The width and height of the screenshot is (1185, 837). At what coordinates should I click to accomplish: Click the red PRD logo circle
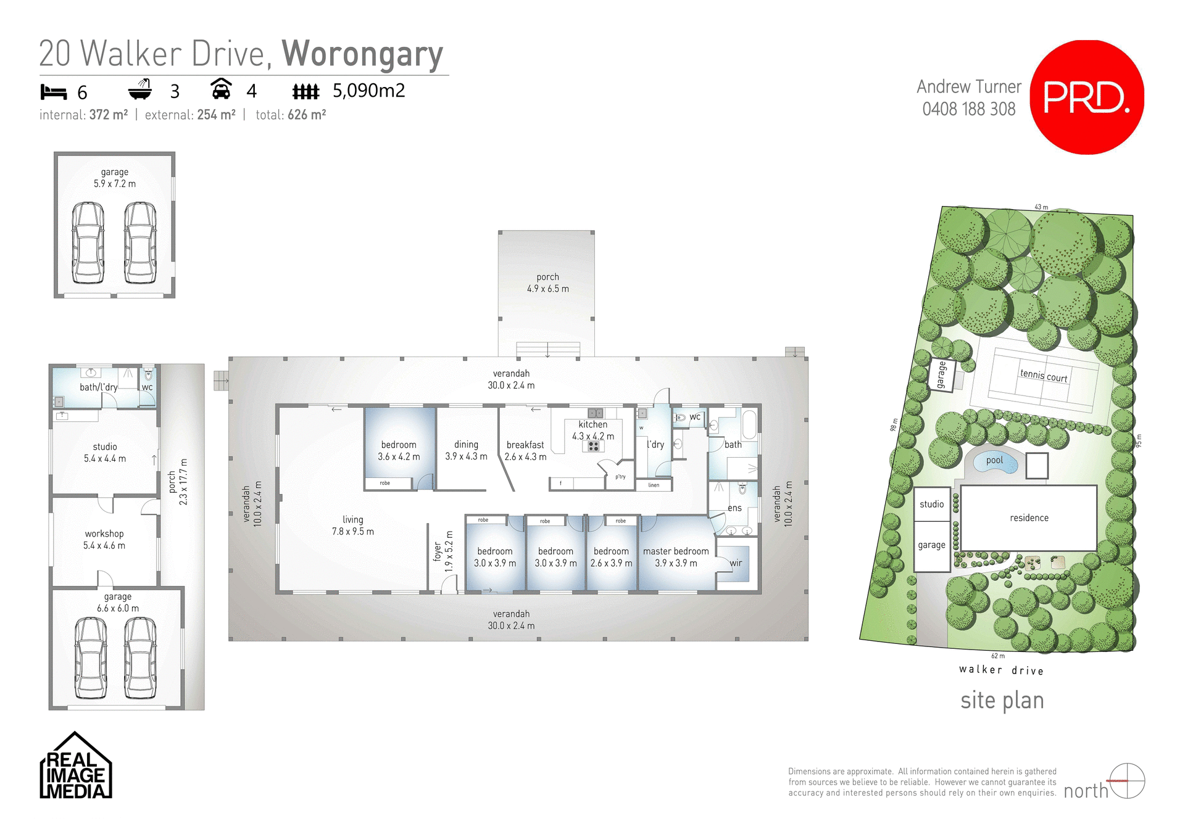coord(1086,97)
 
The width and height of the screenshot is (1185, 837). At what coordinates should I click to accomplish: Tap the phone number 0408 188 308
coord(968,109)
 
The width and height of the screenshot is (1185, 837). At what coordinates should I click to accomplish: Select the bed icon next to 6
coord(53,92)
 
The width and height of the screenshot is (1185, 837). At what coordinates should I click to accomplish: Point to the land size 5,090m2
coord(368,91)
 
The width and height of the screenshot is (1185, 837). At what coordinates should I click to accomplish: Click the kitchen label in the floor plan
coord(592,424)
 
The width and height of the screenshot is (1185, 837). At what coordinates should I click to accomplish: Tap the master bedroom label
coord(676,551)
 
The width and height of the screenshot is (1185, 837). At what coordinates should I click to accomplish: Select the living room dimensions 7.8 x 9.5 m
coord(353,531)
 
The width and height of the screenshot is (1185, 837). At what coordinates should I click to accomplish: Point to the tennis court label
coord(1044,375)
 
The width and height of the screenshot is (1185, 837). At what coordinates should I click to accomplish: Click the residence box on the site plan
coord(1029,518)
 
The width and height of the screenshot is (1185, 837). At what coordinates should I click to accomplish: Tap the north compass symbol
coord(1127,781)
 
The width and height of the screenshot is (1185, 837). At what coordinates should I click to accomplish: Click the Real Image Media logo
coord(75,767)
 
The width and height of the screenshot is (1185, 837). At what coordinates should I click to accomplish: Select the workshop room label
coord(104,534)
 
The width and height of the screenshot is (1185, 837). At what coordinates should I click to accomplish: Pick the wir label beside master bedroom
coord(736,563)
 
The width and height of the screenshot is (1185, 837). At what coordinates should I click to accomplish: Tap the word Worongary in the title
coord(363,54)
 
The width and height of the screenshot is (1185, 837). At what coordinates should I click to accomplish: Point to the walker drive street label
coord(1001,670)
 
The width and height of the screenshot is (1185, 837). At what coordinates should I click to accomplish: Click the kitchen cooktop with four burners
coord(593,446)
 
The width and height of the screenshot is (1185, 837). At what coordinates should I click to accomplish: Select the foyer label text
coord(438,551)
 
